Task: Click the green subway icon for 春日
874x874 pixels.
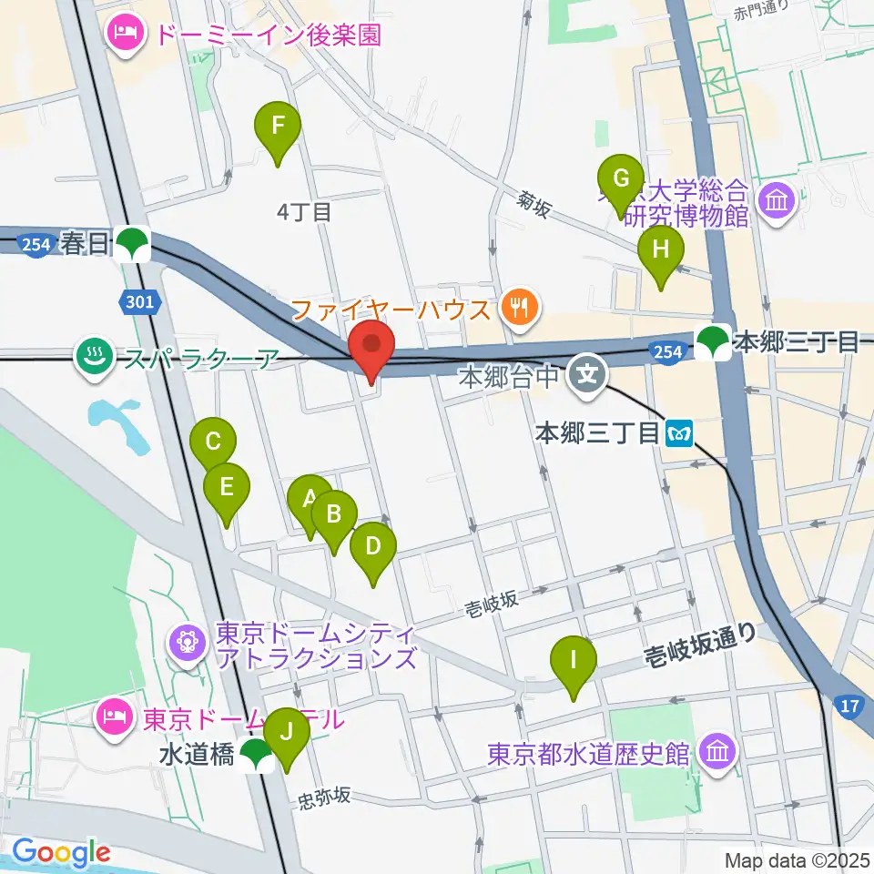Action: [135, 243]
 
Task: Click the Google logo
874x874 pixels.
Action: [61, 853]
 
